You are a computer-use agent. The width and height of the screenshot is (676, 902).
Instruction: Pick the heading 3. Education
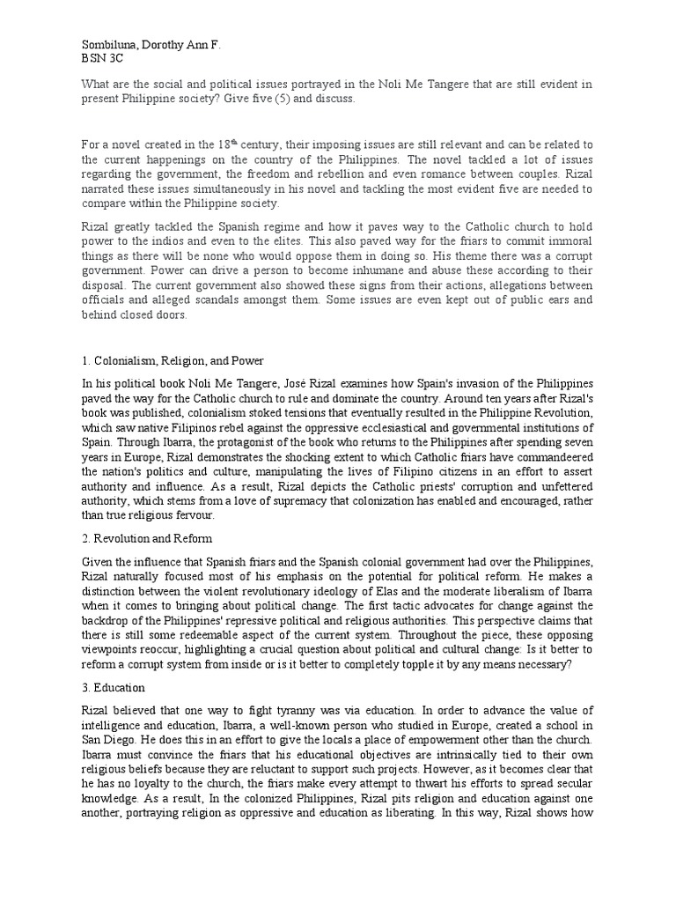[x=114, y=687]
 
